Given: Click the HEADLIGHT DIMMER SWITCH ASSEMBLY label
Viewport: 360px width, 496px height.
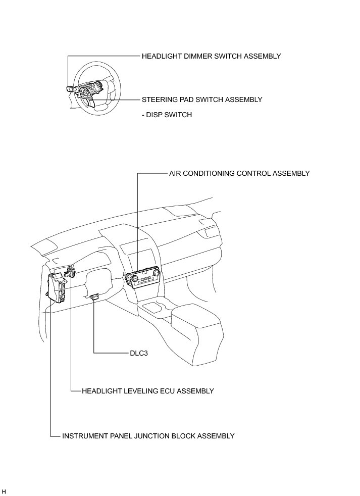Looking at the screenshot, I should [211, 56].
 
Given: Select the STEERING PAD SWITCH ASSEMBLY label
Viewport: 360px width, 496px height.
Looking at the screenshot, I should [202, 100].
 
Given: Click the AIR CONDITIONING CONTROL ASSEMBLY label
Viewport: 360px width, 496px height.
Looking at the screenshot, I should [239, 173].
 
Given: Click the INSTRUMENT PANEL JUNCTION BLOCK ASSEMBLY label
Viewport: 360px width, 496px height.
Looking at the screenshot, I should [148, 435].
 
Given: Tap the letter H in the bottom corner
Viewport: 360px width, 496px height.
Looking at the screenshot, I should [4, 491].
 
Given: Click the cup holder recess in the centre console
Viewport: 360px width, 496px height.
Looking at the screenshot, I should [153, 306].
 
